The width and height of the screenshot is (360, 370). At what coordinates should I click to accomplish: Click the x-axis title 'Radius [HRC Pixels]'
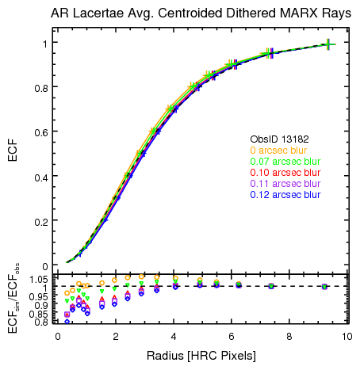click(x=202, y=356)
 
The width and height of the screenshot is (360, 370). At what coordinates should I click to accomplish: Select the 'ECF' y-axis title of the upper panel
click(x=13, y=150)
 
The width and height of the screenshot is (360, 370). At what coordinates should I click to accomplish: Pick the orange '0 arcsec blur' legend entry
click(x=279, y=150)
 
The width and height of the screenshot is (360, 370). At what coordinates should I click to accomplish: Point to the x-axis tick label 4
click(x=174, y=337)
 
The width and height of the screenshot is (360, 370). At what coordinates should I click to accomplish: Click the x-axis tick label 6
click(x=232, y=337)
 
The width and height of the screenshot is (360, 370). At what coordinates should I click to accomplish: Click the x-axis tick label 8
click(x=289, y=337)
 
